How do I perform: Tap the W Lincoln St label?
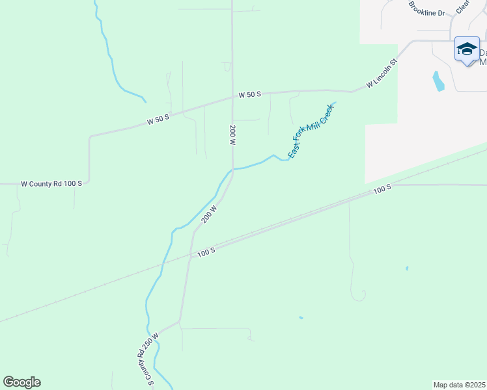click(382, 74)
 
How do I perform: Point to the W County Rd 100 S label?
click(51, 184)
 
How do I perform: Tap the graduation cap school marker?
click(467, 50)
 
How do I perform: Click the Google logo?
click(21, 382)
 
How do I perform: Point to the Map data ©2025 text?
click(460, 385)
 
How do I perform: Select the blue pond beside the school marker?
click(438, 81)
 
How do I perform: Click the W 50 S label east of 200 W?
click(249, 94)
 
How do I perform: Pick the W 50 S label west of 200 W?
click(158, 119)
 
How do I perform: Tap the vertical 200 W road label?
click(232, 135)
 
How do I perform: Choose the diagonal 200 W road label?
click(209, 213)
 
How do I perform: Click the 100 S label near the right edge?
click(382, 188)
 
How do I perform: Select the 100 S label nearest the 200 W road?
click(205, 251)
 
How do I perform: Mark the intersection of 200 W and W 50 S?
click(232, 97)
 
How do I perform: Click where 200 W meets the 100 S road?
click(191, 254)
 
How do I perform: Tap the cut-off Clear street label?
click(463, 6)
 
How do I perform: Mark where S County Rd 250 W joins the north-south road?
click(179, 322)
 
